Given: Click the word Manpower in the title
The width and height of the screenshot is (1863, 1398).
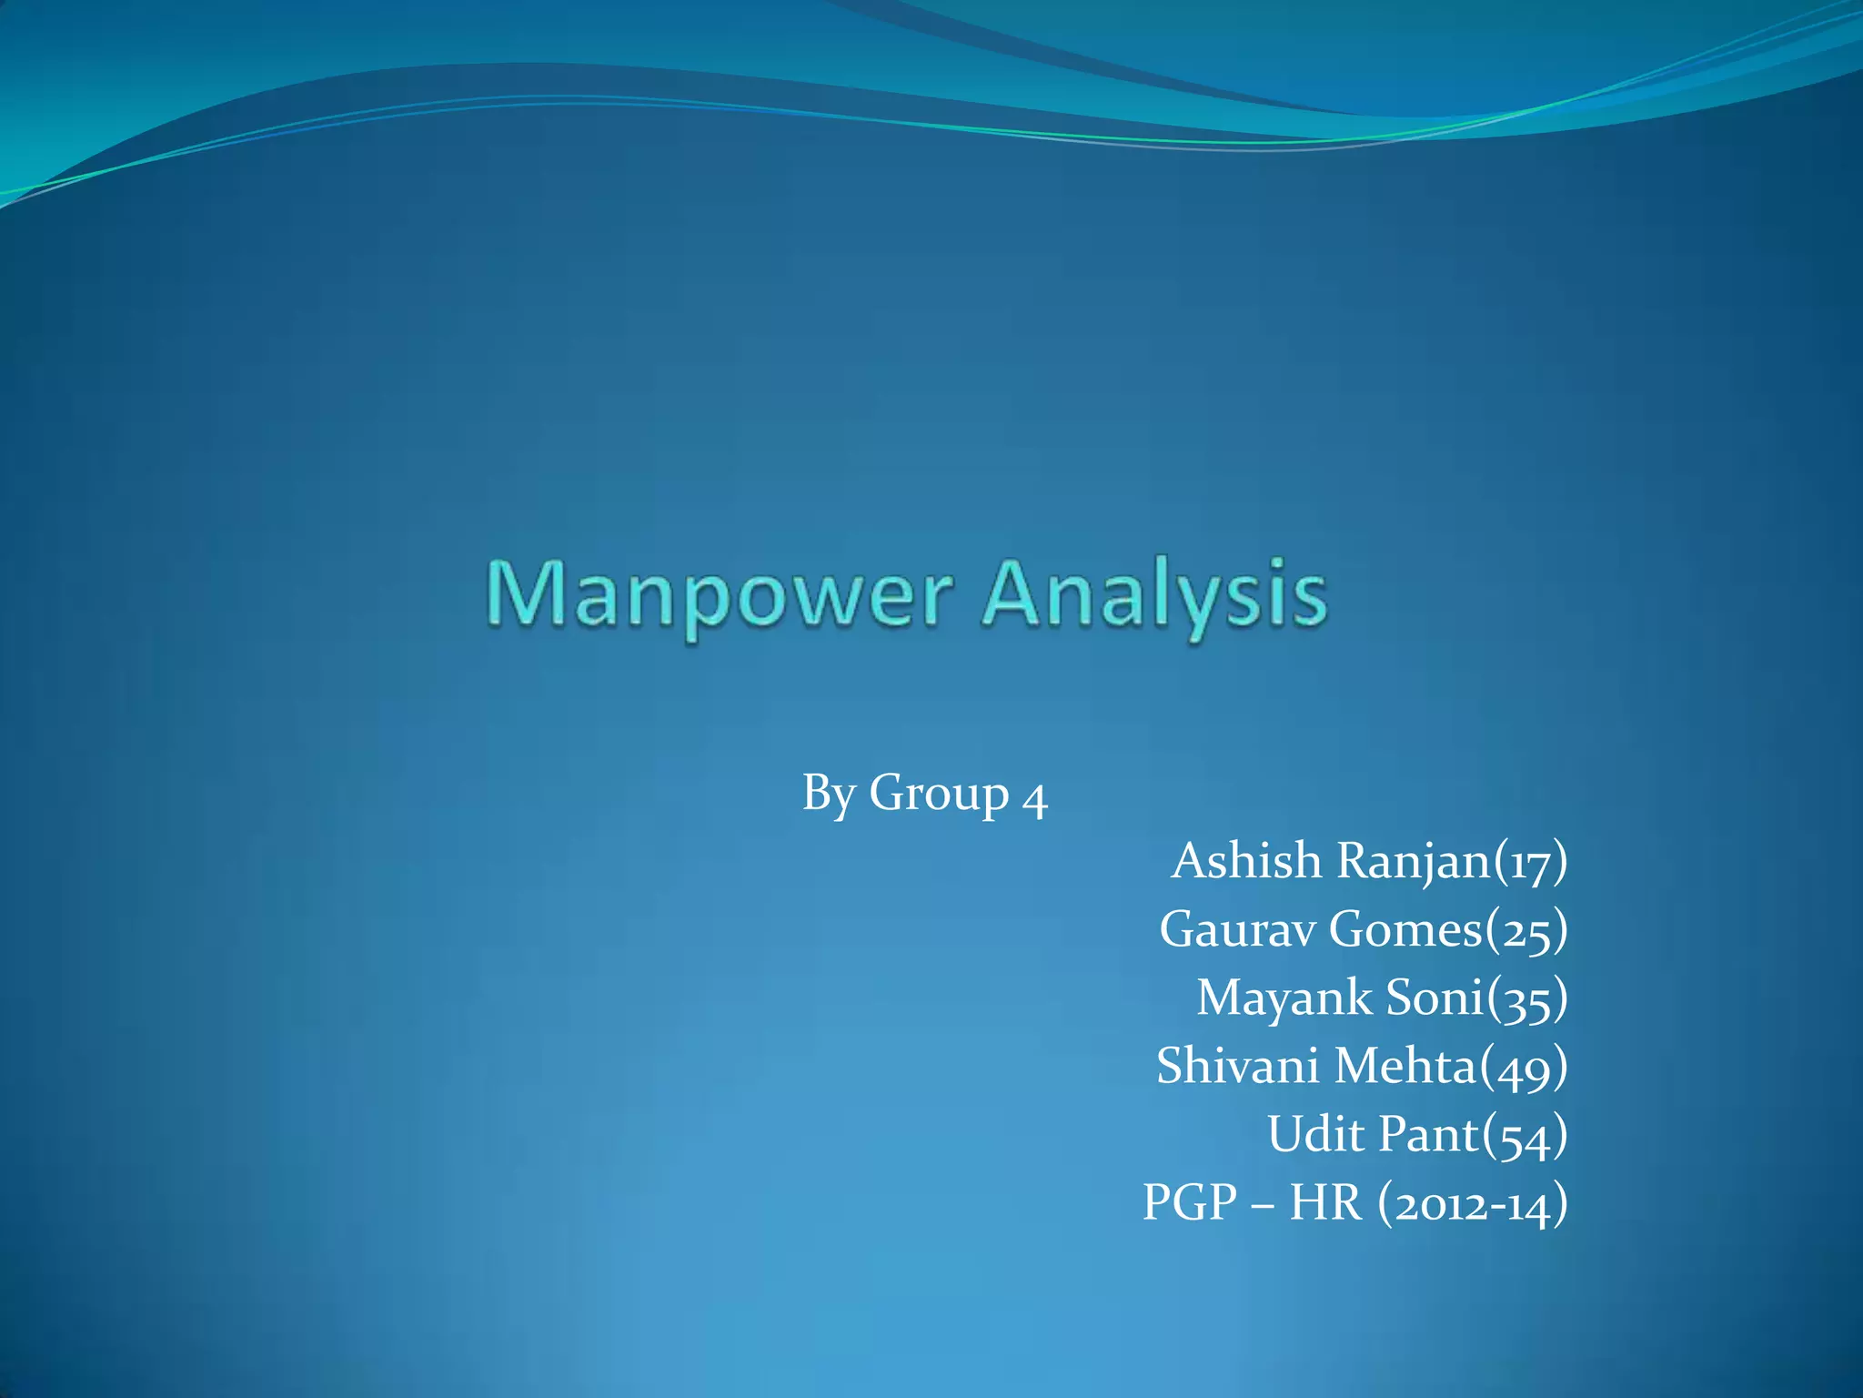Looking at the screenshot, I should (719, 596).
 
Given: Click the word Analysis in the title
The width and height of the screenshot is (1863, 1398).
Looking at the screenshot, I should (1155, 596).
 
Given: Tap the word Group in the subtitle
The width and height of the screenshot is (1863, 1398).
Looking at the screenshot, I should (939, 794).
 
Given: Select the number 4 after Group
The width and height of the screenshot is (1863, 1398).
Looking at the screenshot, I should (1035, 797).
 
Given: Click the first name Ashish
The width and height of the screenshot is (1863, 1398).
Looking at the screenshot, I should (1246, 860).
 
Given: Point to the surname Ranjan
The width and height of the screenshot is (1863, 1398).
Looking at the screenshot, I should (1415, 862).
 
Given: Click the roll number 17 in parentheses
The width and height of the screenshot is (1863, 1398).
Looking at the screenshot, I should (1531, 863).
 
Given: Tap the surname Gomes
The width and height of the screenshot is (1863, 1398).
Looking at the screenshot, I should (1405, 929).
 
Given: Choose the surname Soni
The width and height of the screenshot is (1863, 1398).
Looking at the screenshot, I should (1435, 998).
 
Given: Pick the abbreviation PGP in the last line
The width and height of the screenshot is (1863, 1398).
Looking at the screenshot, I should (1190, 1202).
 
